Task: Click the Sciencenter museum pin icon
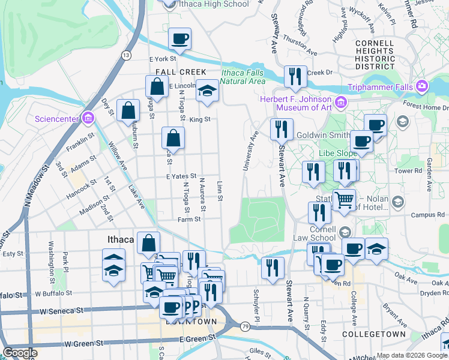[x=89, y=117]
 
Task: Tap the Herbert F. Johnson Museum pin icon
[x=342, y=101]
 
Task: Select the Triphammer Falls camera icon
[x=422, y=86]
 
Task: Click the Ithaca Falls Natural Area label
[x=243, y=77]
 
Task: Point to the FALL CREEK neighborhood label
[x=176, y=71]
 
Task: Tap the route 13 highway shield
[x=125, y=55]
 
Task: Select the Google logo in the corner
[x=20, y=353]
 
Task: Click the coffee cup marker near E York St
[x=179, y=39]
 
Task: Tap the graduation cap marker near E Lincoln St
[x=208, y=91]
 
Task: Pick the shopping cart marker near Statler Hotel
[x=344, y=200]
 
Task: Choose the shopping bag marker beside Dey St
[x=128, y=111]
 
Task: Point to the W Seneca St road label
[x=61, y=311]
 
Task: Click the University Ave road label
[x=250, y=152]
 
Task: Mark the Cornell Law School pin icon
[x=345, y=232]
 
